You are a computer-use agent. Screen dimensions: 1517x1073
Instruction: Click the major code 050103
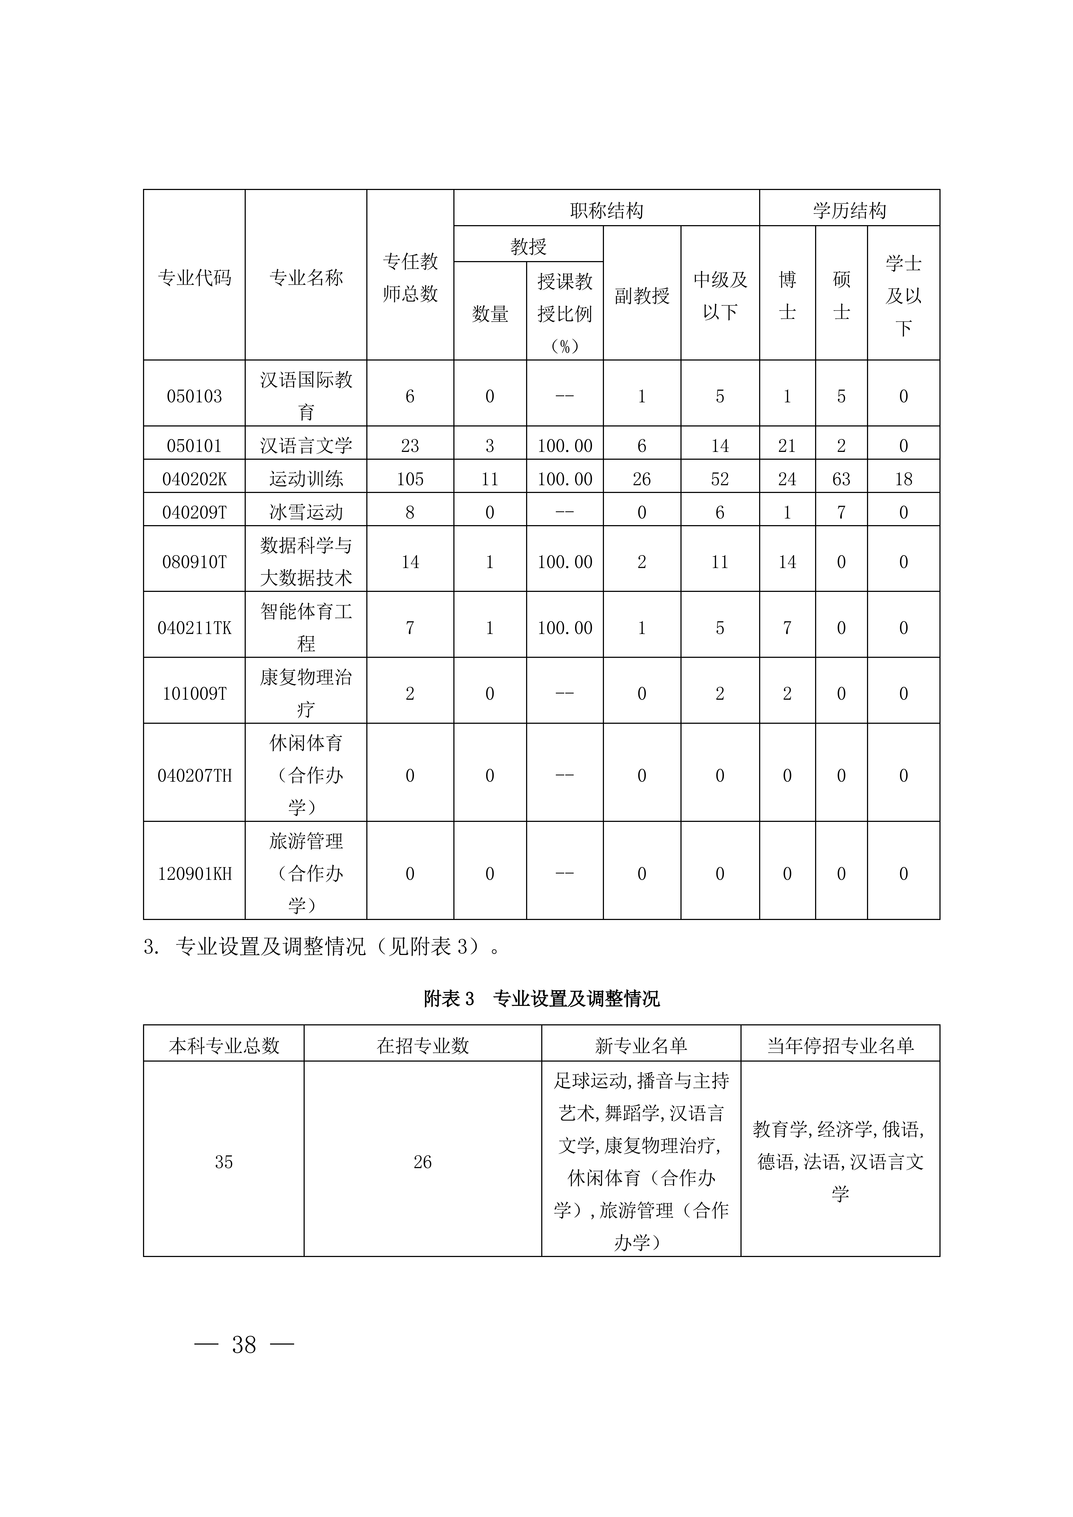[x=194, y=396]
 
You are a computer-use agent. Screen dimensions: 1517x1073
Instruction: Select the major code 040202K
[x=194, y=479]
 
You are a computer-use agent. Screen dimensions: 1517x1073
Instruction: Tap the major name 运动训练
[x=306, y=479]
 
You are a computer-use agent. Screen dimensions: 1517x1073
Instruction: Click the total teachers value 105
[x=410, y=479]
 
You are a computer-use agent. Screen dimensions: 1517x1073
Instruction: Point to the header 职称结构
[x=607, y=211]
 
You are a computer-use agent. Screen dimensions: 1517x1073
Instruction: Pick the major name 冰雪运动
[x=306, y=512]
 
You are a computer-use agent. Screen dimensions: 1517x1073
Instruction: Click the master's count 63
[x=841, y=479]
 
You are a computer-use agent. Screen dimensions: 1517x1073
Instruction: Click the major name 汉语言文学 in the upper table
[x=306, y=446]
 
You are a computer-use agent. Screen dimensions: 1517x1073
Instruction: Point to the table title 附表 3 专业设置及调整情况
[x=541, y=998]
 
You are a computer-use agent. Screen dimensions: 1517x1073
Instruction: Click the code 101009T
[x=194, y=694]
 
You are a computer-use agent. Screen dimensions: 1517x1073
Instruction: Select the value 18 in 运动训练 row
[x=903, y=479]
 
